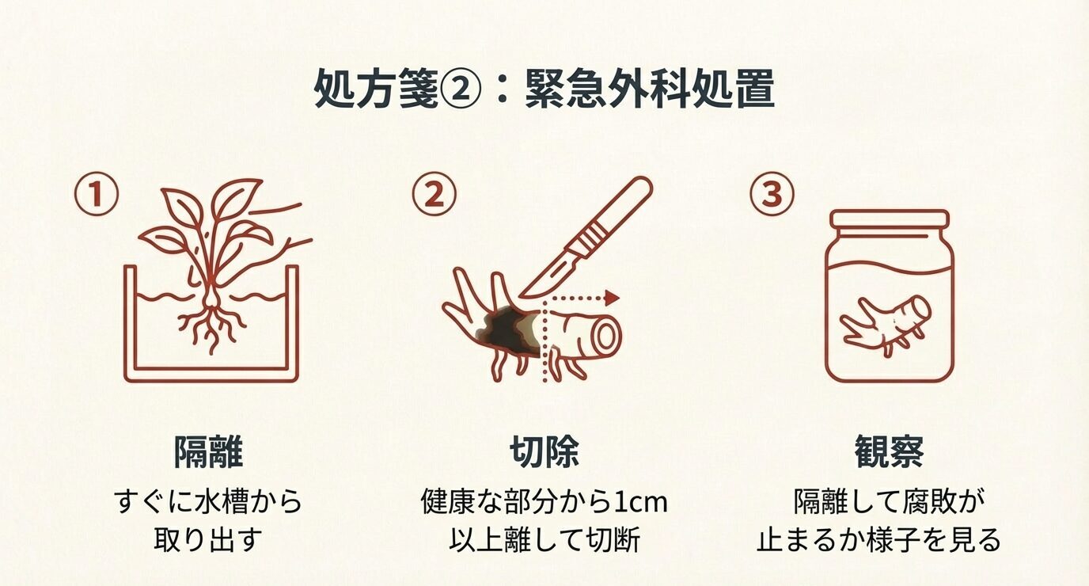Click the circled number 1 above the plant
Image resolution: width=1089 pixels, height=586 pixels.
coord(97,196)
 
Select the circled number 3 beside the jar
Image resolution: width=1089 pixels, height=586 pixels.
coord(772,196)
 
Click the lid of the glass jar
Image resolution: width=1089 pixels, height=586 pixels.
coord(889,218)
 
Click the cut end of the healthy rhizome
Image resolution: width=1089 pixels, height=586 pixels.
coord(606,337)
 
